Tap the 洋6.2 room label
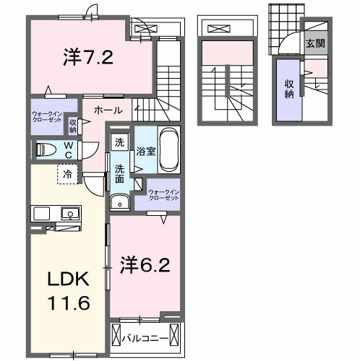tap(145, 265)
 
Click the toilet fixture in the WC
tap(47, 151)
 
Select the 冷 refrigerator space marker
tap(67, 173)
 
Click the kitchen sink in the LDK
tap(70, 213)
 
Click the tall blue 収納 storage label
tap(288, 89)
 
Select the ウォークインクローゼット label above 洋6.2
tap(162, 194)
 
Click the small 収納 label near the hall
tap(74, 126)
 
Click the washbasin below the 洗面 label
tap(119, 201)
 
